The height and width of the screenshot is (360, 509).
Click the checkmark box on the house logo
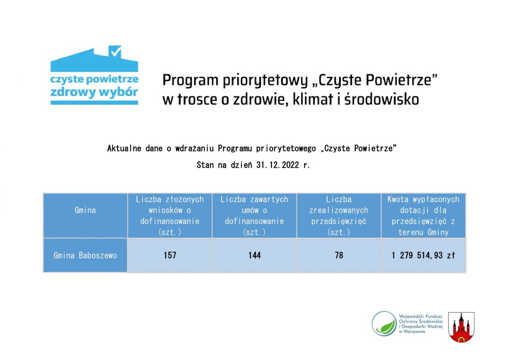point(115,51)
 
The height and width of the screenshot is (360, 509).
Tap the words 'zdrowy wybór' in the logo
point(94,92)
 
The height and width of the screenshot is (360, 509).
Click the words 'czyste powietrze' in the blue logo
point(94,79)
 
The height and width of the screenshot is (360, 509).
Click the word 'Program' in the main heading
point(190,81)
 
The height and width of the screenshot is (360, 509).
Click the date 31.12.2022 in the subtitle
point(277,165)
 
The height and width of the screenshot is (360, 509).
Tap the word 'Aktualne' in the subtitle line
point(124,148)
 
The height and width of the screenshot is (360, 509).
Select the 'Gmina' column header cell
point(85,215)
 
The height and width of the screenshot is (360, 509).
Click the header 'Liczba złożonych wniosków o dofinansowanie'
point(170,215)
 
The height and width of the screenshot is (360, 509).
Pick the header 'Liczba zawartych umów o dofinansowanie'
point(254,215)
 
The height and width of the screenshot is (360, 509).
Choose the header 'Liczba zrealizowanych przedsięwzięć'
point(339,215)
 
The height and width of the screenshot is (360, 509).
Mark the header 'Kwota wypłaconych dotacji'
point(423,215)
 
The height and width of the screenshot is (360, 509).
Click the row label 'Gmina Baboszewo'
point(85,255)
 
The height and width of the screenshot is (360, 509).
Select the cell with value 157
point(170,255)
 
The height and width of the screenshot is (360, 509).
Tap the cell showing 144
point(254,255)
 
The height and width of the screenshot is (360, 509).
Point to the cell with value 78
point(339,255)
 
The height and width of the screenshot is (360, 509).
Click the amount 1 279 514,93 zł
point(423,255)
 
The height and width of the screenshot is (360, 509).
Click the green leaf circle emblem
point(384,324)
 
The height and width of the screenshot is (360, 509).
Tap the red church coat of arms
point(461,327)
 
